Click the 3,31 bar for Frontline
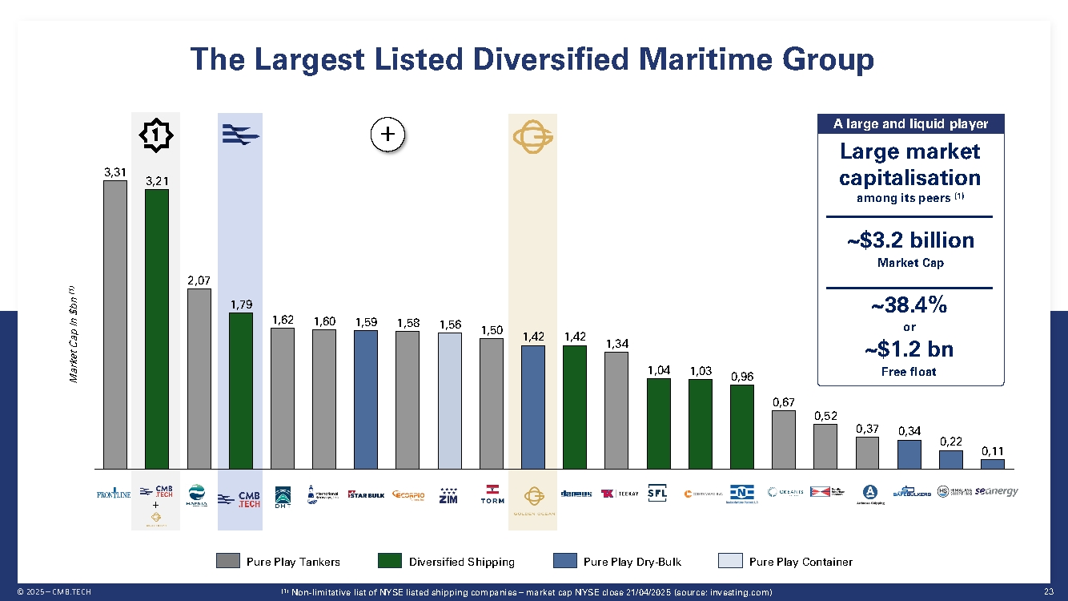point(114,324)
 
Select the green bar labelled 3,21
point(156,328)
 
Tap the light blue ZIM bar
point(449,400)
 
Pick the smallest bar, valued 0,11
point(992,463)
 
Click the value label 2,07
point(199,280)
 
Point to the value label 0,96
point(741,376)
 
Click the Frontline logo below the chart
point(114,494)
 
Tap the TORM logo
point(492,493)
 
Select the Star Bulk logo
point(366,494)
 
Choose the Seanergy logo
point(996,492)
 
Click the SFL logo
point(658,493)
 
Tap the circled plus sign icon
point(387,135)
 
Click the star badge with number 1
point(155,135)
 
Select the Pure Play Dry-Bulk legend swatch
point(564,561)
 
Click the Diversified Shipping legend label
point(461,562)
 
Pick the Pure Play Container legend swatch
point(730,561)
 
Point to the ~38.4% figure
point(909,305)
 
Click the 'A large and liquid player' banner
point(910,123)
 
